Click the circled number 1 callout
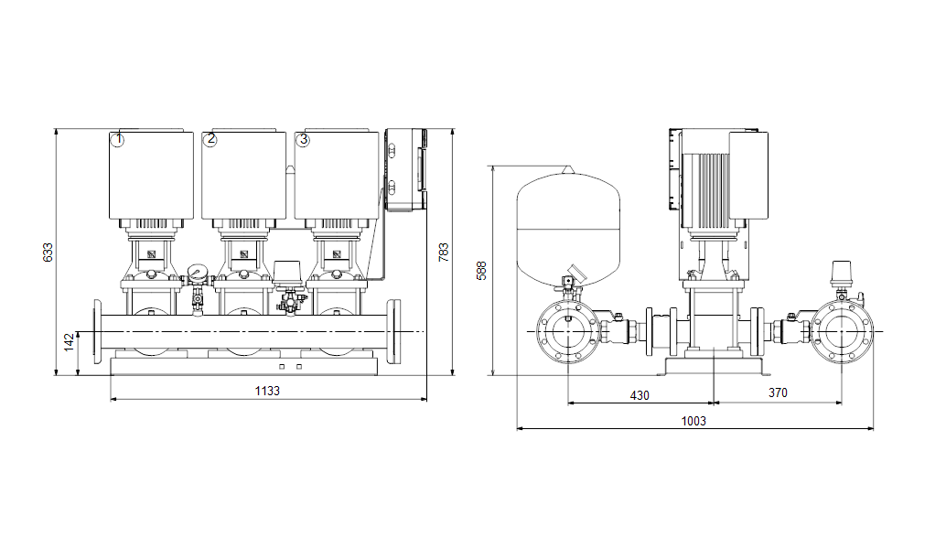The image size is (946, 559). point(118,140)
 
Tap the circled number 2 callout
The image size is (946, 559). point(210,139)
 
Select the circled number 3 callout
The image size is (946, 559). point(303,140)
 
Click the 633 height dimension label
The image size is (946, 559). point(48,253)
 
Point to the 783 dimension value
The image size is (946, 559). point(444,253)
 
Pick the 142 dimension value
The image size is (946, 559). point(70,342)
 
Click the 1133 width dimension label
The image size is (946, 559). point(267,391)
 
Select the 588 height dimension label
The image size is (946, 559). point(481,270)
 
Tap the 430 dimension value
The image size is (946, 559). point(640,395)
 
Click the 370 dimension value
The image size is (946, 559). point(778,392)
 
